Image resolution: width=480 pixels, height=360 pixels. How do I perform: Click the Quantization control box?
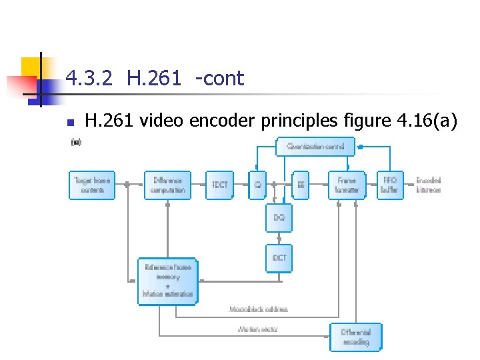click(x=315, y=146)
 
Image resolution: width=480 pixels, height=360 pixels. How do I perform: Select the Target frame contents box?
click(x=92, y=185)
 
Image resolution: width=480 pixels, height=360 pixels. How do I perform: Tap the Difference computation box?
click(x=167, y=185)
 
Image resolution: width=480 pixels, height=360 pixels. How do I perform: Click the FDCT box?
click(x=220, y=185)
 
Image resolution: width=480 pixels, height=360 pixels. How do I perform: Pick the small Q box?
click(x=257, y=185)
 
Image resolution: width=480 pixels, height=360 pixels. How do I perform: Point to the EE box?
click(x=301, y=185)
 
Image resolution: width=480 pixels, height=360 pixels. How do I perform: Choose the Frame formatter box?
click(x=347, y=185)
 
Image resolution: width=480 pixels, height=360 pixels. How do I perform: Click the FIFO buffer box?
click(x=389, y=185)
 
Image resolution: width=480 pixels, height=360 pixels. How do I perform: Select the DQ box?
click(x=279, y=218)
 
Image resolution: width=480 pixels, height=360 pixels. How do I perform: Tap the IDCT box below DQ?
click(x=279, y=258)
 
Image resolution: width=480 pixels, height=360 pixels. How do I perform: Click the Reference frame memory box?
click(x=167, y=281)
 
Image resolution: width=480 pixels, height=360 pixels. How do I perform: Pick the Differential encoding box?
click(x=355, y=337)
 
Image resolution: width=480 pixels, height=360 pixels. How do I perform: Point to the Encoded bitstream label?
click(x=428, y=185)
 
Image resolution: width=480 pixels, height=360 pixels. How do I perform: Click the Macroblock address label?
click(x=258, y=309)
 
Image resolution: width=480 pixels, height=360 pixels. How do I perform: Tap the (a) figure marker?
click(x=76, y=142)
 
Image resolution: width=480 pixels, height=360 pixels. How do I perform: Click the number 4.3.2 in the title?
click(x=90, y=79)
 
